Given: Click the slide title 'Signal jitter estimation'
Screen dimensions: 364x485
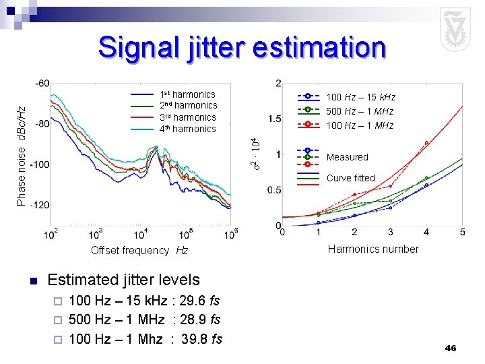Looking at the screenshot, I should (242, 48).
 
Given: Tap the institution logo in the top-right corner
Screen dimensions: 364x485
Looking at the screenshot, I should (455, 30).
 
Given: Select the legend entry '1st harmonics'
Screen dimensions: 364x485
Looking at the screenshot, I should (187, 94).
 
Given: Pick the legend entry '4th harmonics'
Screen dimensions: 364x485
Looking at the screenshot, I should (187, 129).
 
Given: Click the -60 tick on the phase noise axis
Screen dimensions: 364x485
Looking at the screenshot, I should (41, 83).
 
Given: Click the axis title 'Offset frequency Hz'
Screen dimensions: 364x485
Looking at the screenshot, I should (139, 250).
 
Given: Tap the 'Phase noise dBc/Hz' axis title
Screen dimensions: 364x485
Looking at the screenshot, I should (22, 155).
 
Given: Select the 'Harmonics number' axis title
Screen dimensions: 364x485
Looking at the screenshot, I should (373, 249).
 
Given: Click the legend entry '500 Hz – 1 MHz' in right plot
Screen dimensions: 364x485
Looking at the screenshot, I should (360, 111).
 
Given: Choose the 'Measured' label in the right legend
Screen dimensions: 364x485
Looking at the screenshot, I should (347, 157).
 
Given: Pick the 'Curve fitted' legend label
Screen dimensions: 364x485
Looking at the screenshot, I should (350, 178).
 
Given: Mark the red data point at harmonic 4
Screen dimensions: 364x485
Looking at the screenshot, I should (426, 143).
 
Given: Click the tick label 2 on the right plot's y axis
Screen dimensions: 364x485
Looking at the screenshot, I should (278, 83).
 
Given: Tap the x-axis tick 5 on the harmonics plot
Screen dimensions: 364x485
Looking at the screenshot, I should (462, 232).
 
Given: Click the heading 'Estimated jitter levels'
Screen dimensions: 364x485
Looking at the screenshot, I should (124, 280).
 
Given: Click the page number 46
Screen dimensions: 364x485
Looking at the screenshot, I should (451, 348).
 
